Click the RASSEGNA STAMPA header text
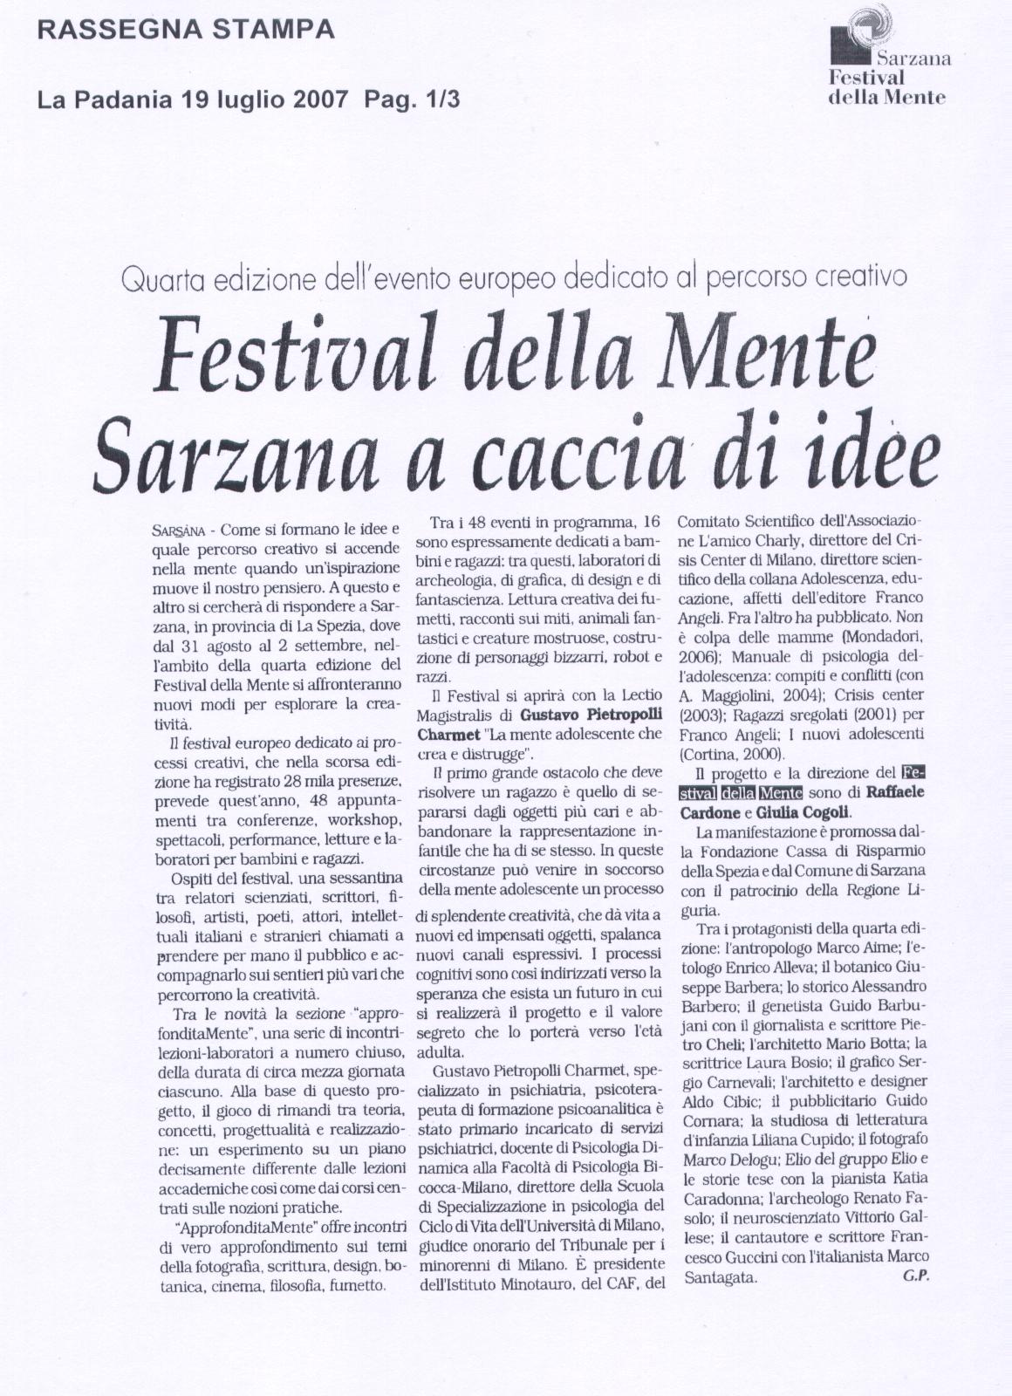[x=186, y=31]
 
